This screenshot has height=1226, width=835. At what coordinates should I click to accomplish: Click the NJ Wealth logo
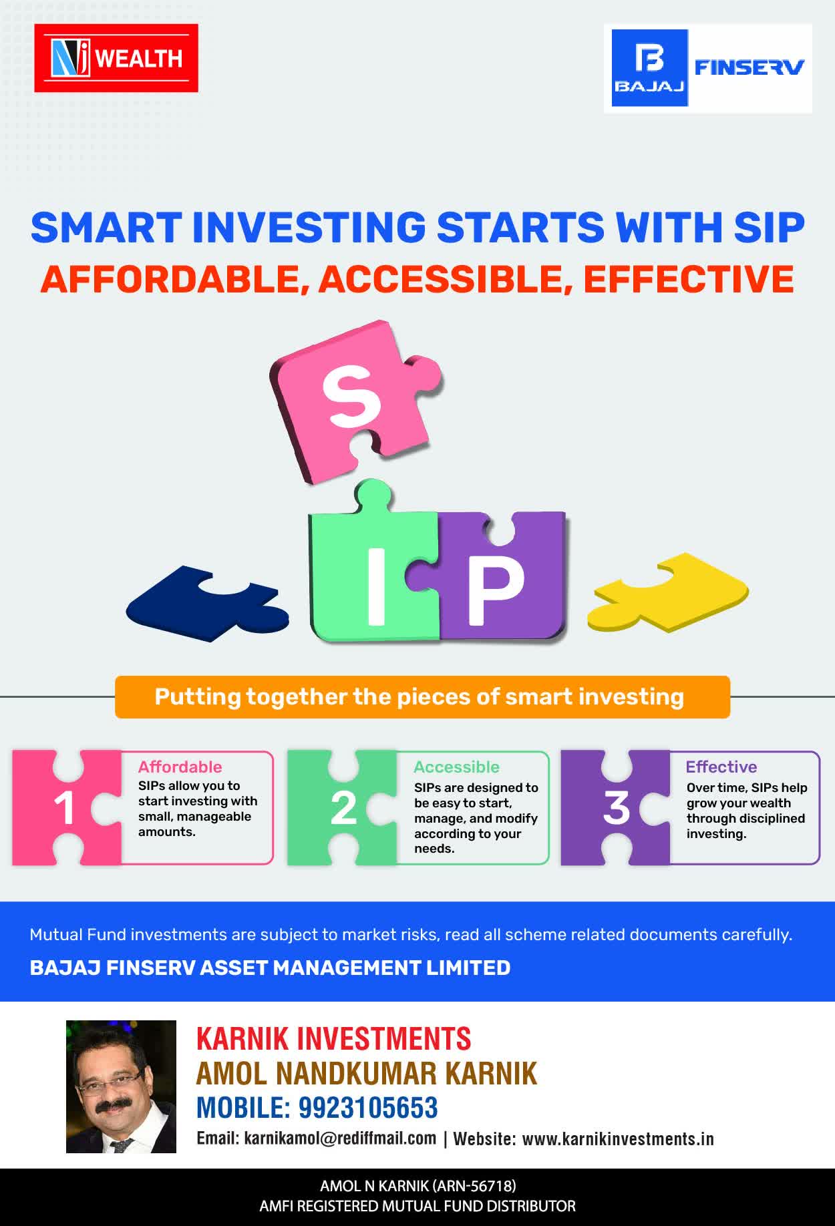pos(116,58)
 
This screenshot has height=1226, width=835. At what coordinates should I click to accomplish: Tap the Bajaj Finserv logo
pos(708,68)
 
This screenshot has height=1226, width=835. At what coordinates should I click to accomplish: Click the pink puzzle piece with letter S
pos(355,401)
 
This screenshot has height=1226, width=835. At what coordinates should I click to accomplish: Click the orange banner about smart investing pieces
pos(422,697)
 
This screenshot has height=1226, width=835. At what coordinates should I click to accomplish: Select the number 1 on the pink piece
pos(64,808)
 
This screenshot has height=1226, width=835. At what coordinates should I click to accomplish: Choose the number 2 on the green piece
pos(343,808)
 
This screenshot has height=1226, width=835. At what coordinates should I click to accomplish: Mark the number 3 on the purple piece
pos(617,808)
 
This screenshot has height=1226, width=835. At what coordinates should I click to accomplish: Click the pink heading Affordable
pos(180,767)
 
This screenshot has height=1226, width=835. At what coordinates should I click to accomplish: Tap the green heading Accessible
pos(456,767)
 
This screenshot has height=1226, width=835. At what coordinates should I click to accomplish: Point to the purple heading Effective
pos(721,767)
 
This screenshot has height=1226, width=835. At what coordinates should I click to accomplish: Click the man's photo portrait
pos(121,1086)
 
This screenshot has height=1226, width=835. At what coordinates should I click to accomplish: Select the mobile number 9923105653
pos(368,1108)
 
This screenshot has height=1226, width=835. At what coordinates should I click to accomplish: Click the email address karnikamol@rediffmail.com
pos(340,1139)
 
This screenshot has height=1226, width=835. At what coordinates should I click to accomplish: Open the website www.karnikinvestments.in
pos(618,1139)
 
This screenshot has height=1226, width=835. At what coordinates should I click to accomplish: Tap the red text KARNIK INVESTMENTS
pos(334,1039)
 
